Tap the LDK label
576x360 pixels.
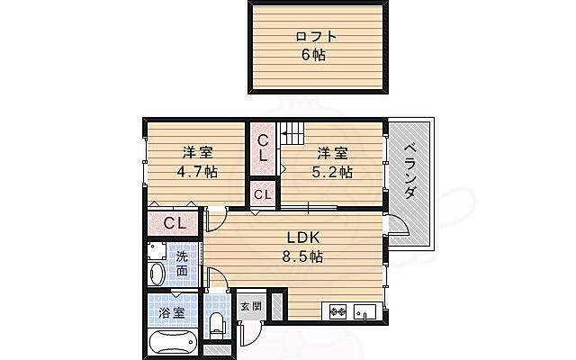pos(304,238)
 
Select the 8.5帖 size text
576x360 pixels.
pos(304,256)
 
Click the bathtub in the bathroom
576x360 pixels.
pos(171,342)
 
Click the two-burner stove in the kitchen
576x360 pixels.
pos(339,313)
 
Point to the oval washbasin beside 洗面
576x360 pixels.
pos(157,274)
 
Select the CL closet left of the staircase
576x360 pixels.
pos(263,148)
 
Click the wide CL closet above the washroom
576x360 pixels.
pos(175,223)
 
